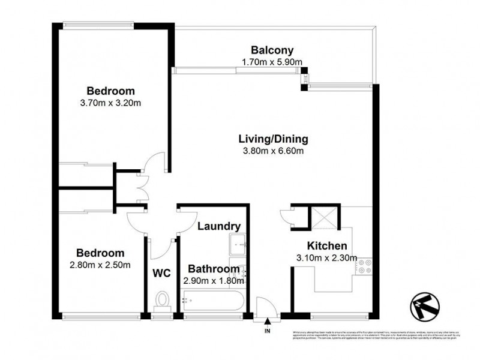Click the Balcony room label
tap(272, 50)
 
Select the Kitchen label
tap(326, 246)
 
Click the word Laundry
tap(219, 227)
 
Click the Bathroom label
tap(214, 269)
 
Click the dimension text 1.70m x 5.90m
tap(272, 61)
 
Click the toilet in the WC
tap(161, 298)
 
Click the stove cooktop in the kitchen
tap(364, 265)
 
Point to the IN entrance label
tap(268, 329)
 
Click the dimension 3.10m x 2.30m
tap(328, 258)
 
